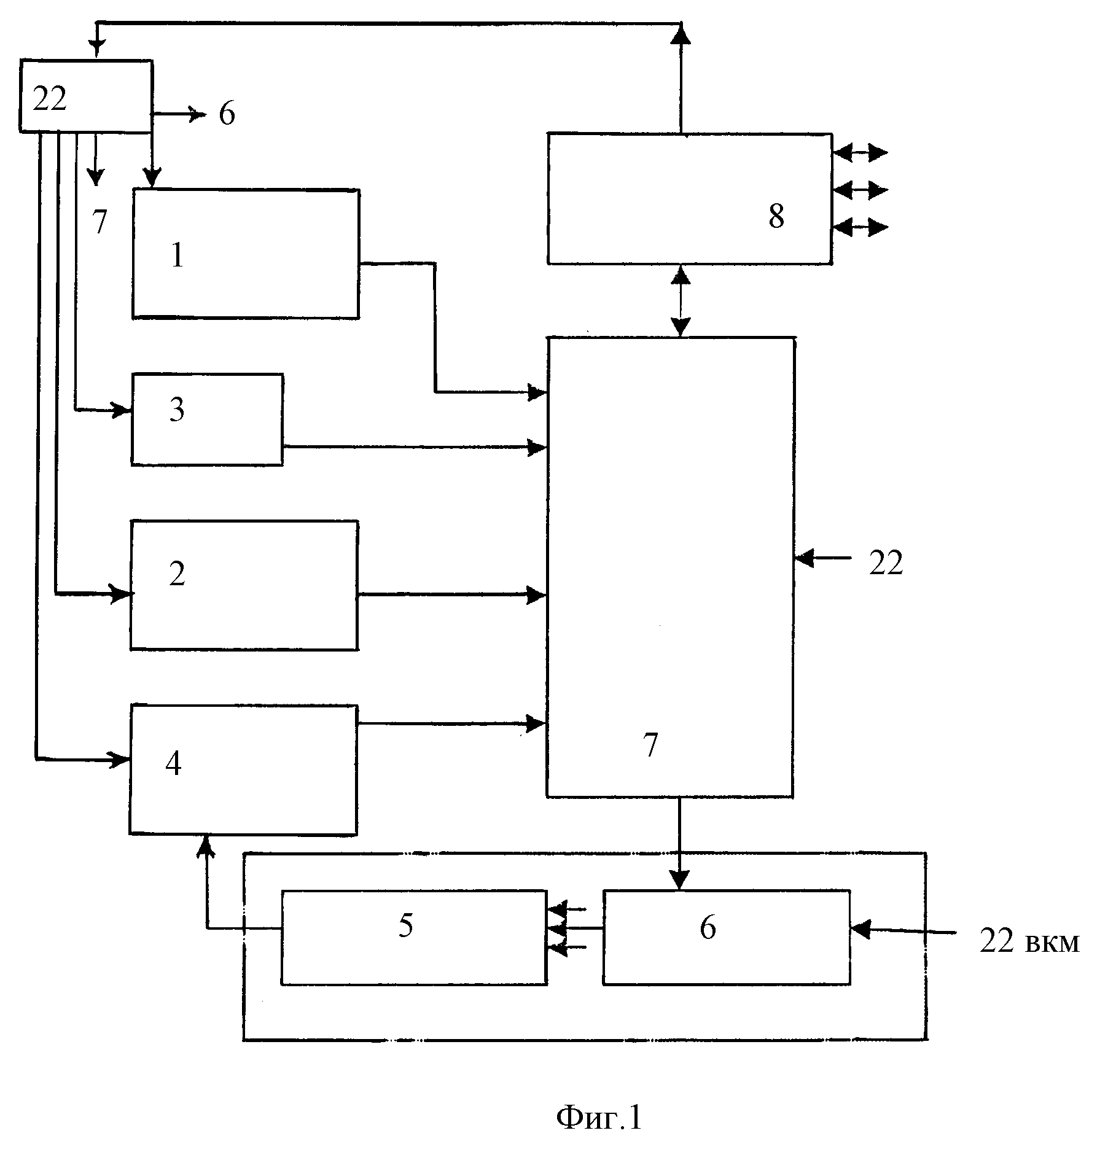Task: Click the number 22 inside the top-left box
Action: point(49,99)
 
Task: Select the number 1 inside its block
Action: point(178,255)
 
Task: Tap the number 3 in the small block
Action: point(177,410)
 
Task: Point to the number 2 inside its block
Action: point(177,574)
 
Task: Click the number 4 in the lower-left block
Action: point(173,764)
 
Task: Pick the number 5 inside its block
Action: point(405,925)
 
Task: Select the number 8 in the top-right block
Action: point(776,216)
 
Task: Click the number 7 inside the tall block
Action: point(650,745)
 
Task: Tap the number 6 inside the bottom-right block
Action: point(708,927)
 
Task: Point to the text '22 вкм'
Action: point(1029,941)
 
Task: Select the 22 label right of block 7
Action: point(886,563)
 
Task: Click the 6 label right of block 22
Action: point(227,114)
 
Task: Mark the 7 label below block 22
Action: point(100,222)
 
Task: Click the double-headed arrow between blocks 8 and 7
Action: point(681,300)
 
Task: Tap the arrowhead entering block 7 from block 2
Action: point(537,594)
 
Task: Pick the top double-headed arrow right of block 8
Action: point(860,152)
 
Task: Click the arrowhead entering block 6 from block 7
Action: point(679,879)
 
